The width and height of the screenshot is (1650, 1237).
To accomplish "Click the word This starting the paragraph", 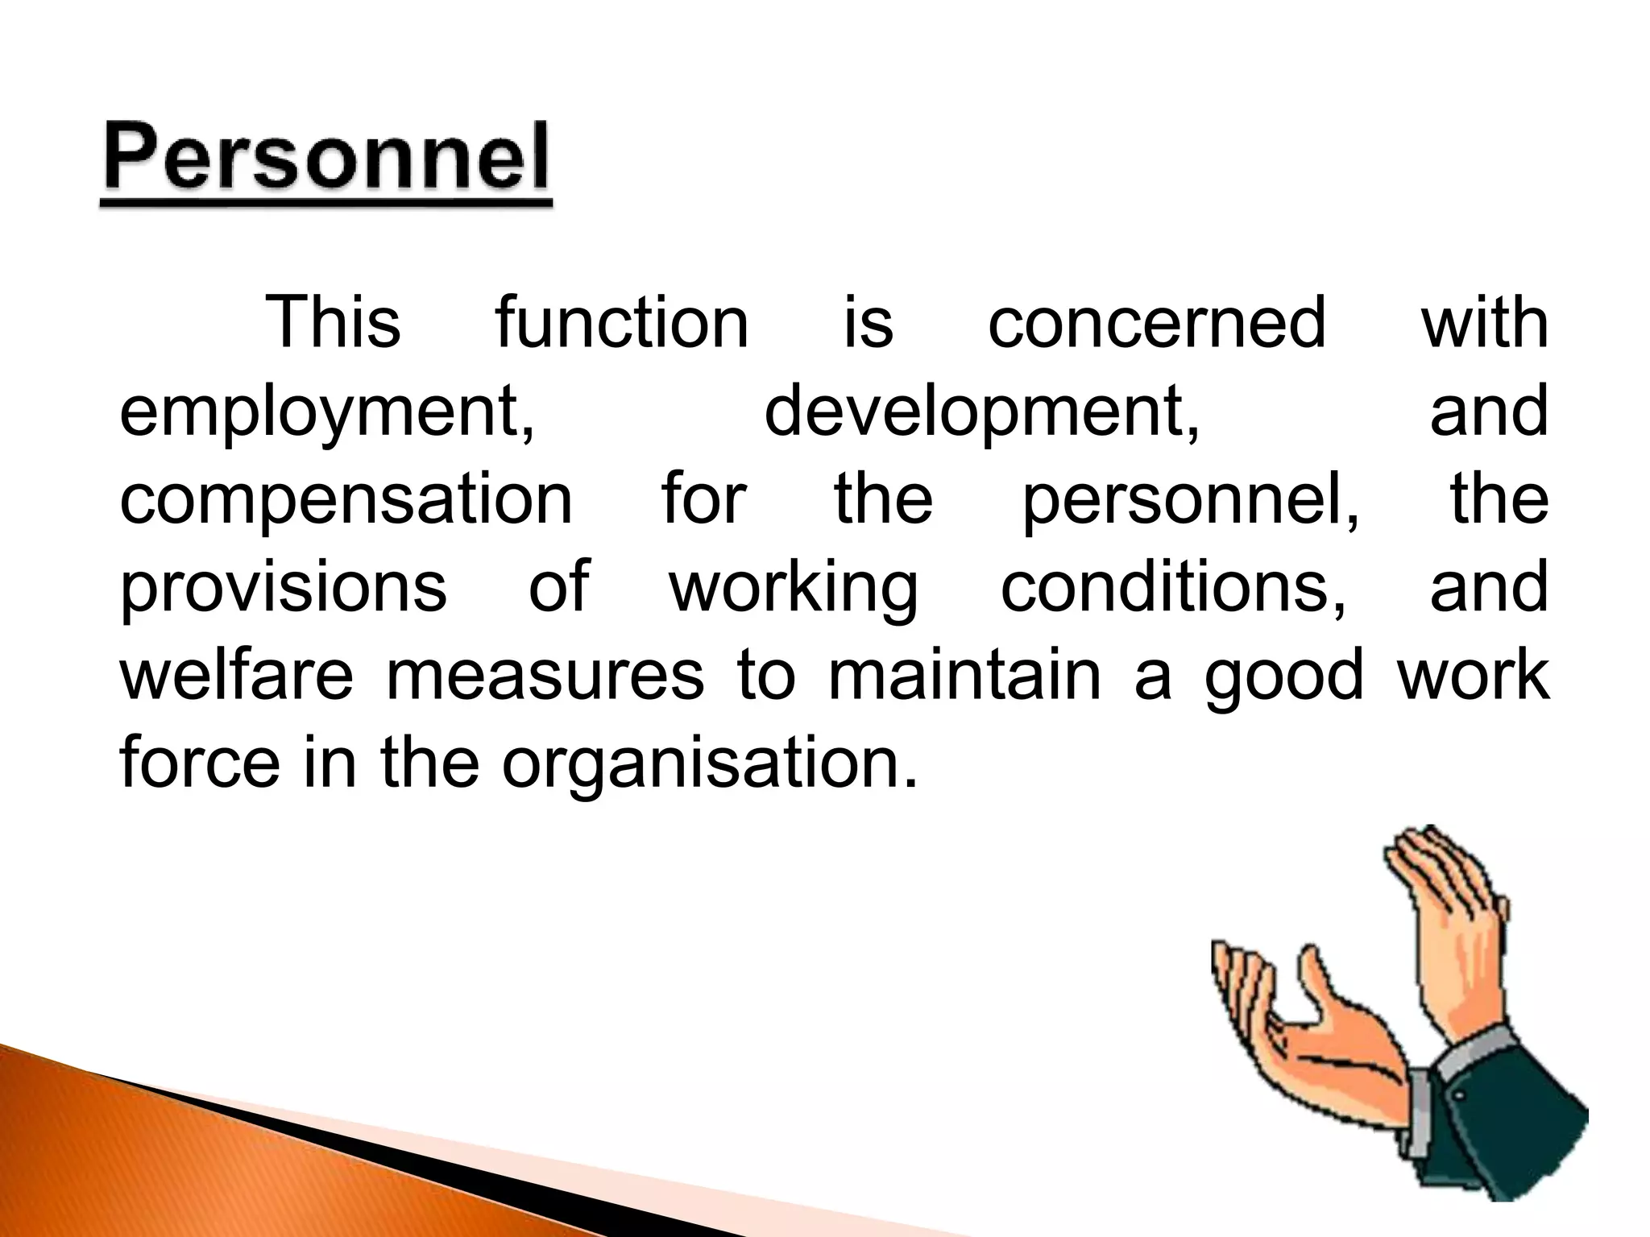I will click(333, 323).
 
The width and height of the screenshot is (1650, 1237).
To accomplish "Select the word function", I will click(622, 323).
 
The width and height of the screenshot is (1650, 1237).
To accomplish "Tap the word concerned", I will click(1156, 323).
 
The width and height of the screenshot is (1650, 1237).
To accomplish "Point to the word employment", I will click(327, 412).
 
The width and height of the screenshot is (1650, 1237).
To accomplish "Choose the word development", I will click(981, 412).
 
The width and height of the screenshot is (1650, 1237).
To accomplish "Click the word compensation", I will click(346, 500).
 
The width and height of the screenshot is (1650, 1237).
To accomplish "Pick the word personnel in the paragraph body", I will click(1191, 500).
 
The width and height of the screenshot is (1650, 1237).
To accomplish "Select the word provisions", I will click(283, 588).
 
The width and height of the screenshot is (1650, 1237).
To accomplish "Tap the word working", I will click(794, 588).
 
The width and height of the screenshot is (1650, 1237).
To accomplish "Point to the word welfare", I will click(236, 675).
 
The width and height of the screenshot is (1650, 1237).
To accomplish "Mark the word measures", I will click(545, 675).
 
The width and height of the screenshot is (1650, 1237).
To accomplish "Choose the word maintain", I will click(964, 675).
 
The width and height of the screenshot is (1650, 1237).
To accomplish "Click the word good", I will click(1283, 676).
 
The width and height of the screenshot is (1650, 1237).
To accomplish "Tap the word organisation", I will click(709, 763).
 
